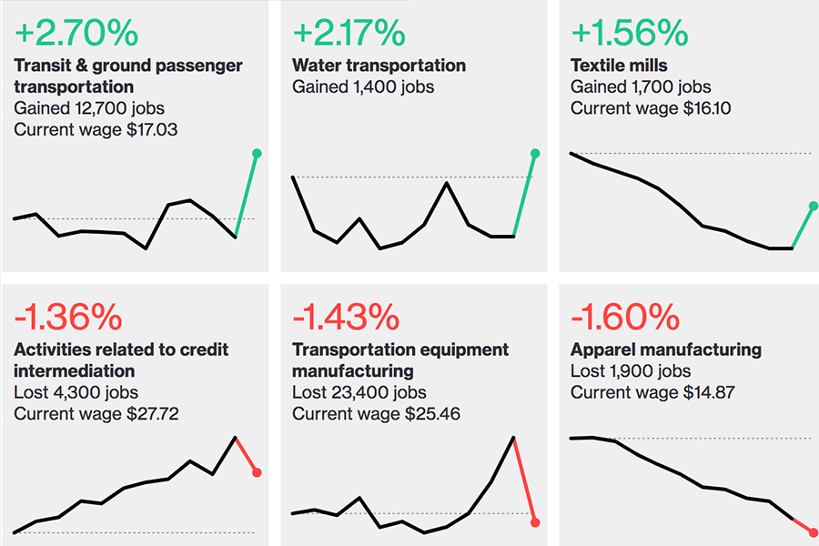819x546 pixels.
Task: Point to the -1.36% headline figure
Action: [68, 317]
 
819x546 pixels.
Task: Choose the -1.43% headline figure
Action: [346, 317]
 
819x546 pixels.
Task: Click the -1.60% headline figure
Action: [625, 317]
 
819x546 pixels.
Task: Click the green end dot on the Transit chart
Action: [257, 154]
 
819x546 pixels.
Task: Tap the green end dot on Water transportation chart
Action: [534, 154]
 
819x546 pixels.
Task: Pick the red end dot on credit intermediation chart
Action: [258, 472]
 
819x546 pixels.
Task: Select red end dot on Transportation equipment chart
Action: [535, 522]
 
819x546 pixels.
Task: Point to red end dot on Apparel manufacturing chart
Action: [813, 532]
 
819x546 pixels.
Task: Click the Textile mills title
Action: [619, 66]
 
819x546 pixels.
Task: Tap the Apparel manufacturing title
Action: [665, 349]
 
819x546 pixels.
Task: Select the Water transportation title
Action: [379, 66]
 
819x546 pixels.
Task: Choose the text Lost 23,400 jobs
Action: [359, 392]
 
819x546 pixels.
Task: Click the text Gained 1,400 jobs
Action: [363, 87]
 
